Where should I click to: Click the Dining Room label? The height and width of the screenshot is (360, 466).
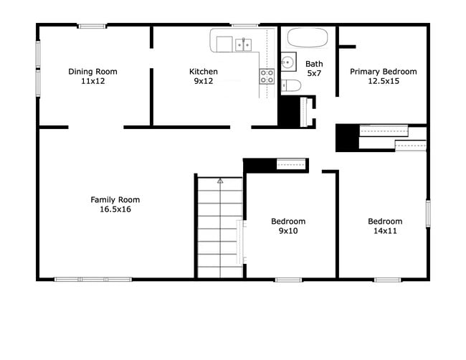92,72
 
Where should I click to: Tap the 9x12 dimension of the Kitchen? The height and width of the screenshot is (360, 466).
204,82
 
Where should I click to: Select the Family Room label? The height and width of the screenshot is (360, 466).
115,199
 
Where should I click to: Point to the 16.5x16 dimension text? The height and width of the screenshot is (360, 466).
115,209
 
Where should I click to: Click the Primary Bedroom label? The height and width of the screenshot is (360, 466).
383,72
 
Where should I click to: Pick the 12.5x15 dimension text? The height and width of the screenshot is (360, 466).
383,82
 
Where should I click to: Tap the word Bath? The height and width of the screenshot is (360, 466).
314,64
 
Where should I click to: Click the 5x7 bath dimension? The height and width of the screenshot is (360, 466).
314,74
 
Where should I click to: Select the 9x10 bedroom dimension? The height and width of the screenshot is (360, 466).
288,231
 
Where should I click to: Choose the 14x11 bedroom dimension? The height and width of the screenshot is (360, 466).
385,231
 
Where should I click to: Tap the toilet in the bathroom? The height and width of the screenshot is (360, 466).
290,87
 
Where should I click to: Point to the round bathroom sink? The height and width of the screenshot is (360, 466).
288,62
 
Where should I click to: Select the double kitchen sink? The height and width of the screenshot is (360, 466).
244,44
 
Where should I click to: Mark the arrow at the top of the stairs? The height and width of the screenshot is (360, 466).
220,181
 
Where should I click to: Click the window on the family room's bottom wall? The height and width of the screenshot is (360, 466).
93,279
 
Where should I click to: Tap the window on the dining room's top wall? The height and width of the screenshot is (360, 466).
92,27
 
